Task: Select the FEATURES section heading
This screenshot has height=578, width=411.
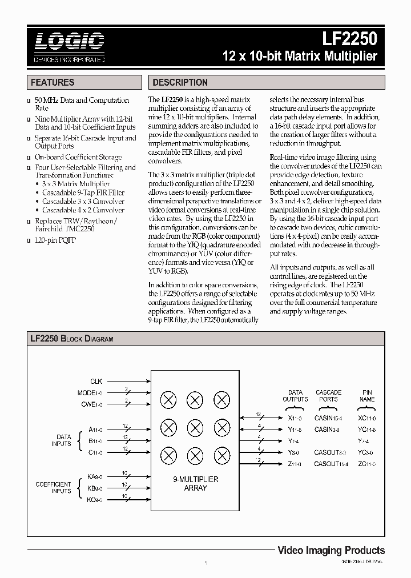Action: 53,82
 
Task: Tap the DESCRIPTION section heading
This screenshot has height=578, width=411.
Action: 180,82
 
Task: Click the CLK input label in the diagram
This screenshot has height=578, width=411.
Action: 96,381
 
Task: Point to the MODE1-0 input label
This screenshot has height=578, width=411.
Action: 90,393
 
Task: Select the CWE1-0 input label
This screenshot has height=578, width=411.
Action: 91,405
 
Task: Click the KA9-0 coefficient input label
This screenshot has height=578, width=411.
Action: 94,477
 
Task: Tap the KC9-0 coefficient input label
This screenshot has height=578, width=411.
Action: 94,500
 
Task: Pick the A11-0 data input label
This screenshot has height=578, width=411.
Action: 94,428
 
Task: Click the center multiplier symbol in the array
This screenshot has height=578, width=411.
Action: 195,427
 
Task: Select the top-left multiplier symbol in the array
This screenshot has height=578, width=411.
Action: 168,400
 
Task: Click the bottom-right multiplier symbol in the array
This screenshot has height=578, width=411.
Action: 221,455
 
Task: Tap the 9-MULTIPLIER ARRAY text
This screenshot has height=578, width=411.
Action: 195,484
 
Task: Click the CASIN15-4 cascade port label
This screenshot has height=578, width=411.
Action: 328,417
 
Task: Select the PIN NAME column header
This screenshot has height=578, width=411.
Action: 367,396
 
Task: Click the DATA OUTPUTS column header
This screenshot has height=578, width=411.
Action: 295,396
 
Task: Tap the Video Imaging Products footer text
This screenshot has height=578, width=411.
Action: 331,551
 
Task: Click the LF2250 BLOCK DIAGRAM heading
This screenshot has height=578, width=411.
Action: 72,339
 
